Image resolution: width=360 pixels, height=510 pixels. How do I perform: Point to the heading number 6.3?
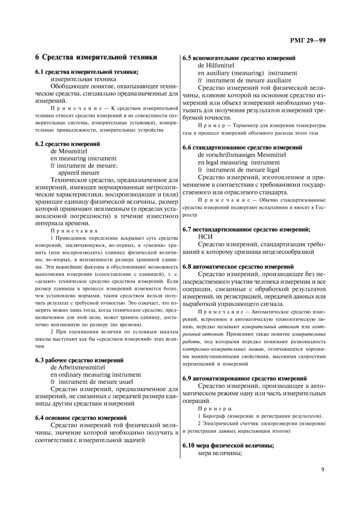[x=41, y=360]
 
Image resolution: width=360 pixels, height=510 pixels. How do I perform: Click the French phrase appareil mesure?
[x=79, y=173]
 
